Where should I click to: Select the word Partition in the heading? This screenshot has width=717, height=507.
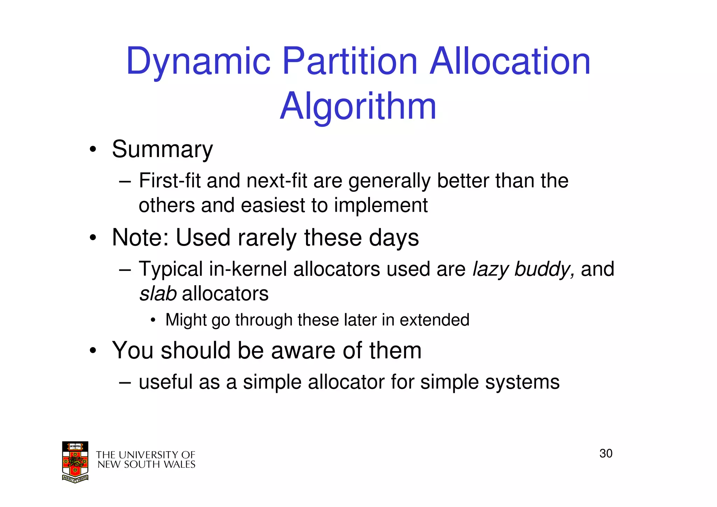coord(350,61)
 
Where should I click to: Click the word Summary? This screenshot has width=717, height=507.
coord(162,150)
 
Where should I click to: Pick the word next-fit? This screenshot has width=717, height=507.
coord(277,181)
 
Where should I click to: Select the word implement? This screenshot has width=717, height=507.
coord(381,206)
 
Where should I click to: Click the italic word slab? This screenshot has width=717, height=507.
coord(158,294)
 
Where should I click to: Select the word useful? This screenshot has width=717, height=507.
coord(166,382)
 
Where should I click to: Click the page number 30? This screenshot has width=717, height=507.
coord(606,454)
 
